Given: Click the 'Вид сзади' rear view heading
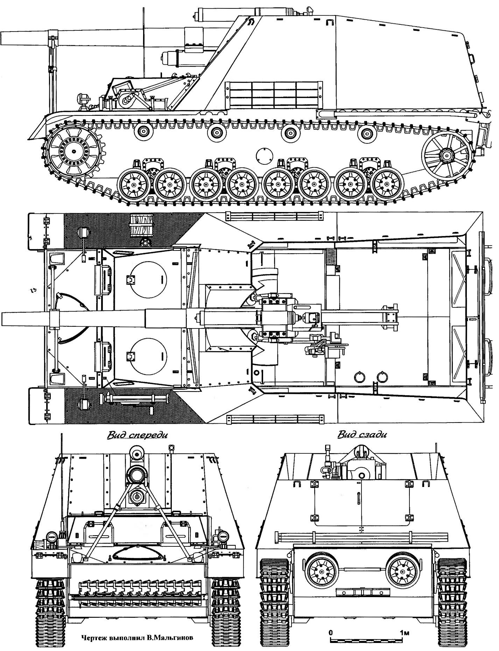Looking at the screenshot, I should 362,435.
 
